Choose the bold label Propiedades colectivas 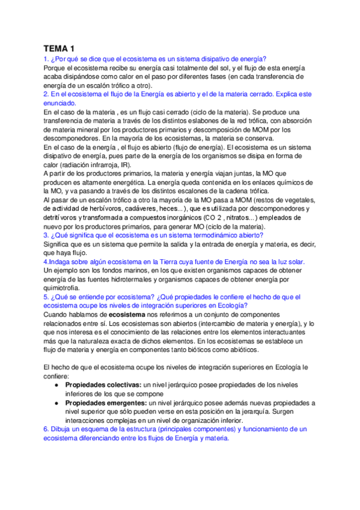pyautogui.click(x=103, y=384)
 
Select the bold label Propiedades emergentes pyautogui.click(x=105, y=402)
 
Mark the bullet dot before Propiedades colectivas pyautogui.click(x=56, y=384)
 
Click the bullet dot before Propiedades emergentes pyautogui.click(x=56, y=402)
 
